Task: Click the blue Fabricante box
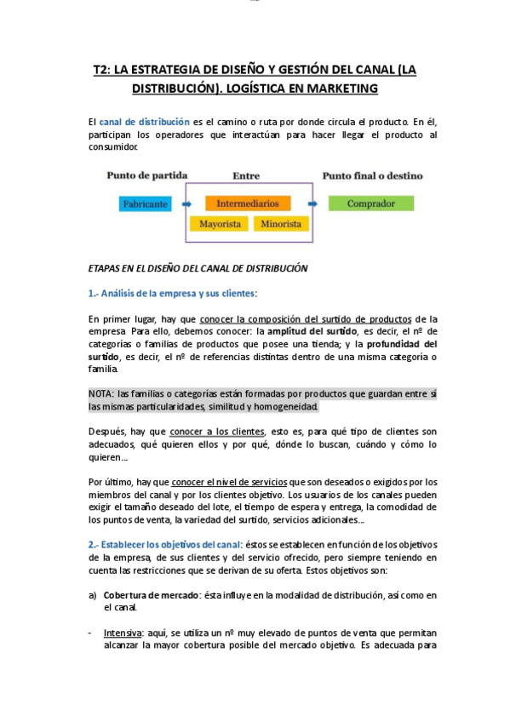(145, 204)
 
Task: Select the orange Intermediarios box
(247, 204)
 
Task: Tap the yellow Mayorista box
(220, 225)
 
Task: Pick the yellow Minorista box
(281, 225)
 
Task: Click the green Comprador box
(370, 204)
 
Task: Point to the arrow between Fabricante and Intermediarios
(186, 204)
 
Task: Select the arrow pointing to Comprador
(313, 204)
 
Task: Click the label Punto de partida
(146, 175)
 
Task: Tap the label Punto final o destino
(371, 175)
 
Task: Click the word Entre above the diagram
(246, 175)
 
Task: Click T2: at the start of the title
(102, 70)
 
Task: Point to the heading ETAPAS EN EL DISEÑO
(198, 267)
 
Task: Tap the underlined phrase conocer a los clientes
(217, 431)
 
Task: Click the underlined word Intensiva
(123, 633)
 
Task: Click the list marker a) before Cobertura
(93, 594)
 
